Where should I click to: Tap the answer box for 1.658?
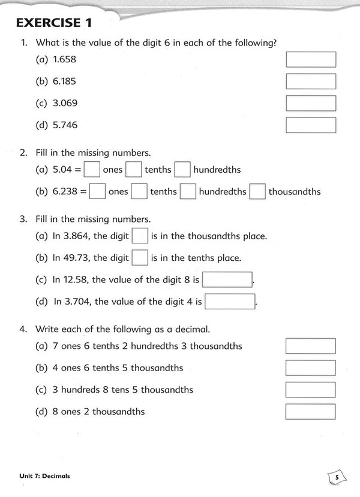(x=311, y=59)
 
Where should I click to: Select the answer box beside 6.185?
(x=311, y=81)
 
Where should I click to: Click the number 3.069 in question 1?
(x=64, y=103)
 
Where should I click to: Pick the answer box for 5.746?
(x=311, y=125)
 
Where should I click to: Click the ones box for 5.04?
(x=92, y=170)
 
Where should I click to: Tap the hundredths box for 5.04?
(x=182, y=170)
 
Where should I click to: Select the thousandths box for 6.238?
(x=257, y=192)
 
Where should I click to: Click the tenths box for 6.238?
(x=139, y=192)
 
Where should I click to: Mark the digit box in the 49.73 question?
(x=139, y=258)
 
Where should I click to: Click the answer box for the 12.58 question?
(x=228, y=280)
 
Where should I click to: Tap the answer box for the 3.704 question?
(x=230, y=302)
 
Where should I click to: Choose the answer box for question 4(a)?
(x=311, y=346)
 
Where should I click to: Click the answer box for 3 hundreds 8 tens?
(x=311, y=390)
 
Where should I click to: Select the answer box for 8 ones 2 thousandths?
(x=311, y=411)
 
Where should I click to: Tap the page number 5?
(x=337, y=477)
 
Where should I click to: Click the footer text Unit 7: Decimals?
(x=44, y=476)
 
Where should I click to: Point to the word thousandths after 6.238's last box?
(x=295, y=192)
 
